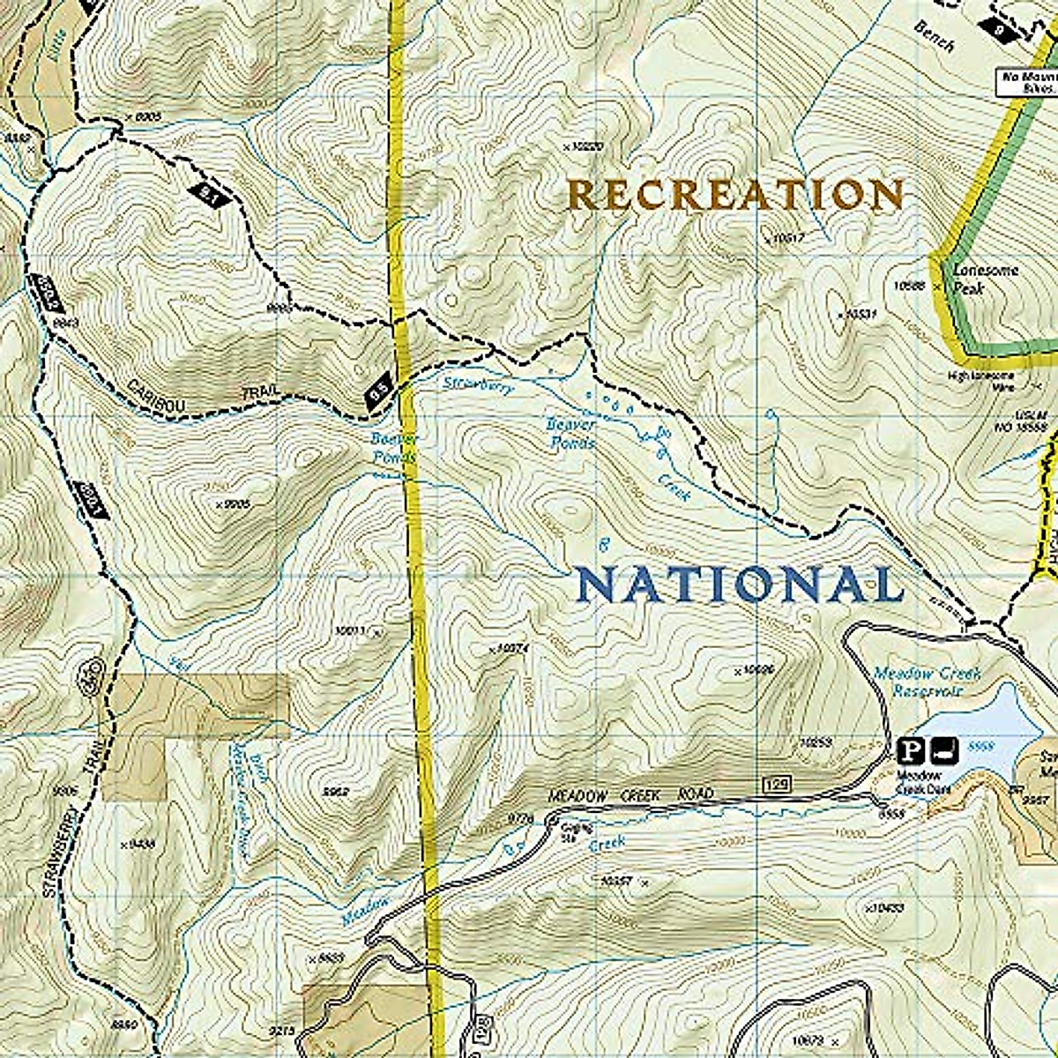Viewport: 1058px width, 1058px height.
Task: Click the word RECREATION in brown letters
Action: click(x=736, y=194)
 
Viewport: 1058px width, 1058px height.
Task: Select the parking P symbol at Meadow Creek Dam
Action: click(x=911, y=751)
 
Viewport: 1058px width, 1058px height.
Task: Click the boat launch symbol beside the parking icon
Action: click(x=942, y=751)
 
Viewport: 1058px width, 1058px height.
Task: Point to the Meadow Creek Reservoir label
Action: click(x=926, y=681)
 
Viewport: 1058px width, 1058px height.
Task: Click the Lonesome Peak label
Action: click(x=985, y=278)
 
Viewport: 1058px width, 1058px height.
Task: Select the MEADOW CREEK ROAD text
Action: click(x=630, y=795)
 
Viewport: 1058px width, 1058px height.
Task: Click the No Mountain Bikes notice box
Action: click(x=1026, y=82)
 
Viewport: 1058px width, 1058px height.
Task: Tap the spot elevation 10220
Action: click(x=585, y=146)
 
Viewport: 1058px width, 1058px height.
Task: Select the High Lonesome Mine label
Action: click(x=981, y=381)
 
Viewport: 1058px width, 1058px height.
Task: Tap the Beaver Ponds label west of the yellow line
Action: click(x=385, y=447)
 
